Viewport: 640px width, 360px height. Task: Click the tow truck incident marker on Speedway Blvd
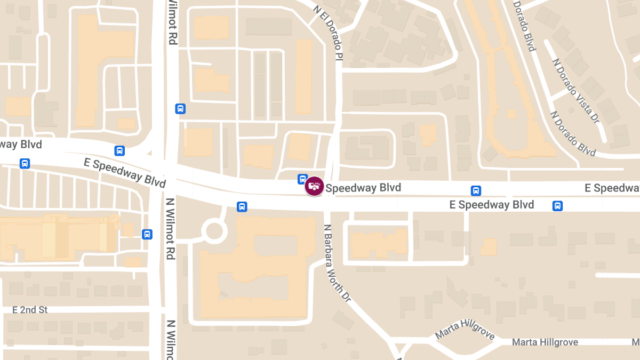point(314,186)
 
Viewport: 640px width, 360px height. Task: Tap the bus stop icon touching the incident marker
point(302,179)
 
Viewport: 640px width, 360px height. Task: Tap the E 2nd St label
point(30,310)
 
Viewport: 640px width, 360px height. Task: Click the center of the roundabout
point(214,231)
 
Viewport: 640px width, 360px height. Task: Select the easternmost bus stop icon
point(558,205)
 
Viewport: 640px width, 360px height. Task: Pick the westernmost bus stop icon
point(25,163)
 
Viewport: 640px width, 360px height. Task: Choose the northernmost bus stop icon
point(180,109)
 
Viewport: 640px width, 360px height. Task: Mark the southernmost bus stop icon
point(147,234)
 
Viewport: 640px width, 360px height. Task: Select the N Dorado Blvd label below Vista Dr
point(573,133)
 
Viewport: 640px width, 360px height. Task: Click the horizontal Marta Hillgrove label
point(545,342)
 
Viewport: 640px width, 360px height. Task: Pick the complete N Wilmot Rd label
point(170,229)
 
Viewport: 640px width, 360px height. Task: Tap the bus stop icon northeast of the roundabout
point(242,206)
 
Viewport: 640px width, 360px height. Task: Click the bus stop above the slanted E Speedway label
point(119,151)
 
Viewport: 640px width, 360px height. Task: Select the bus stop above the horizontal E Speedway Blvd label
point(476,190)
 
